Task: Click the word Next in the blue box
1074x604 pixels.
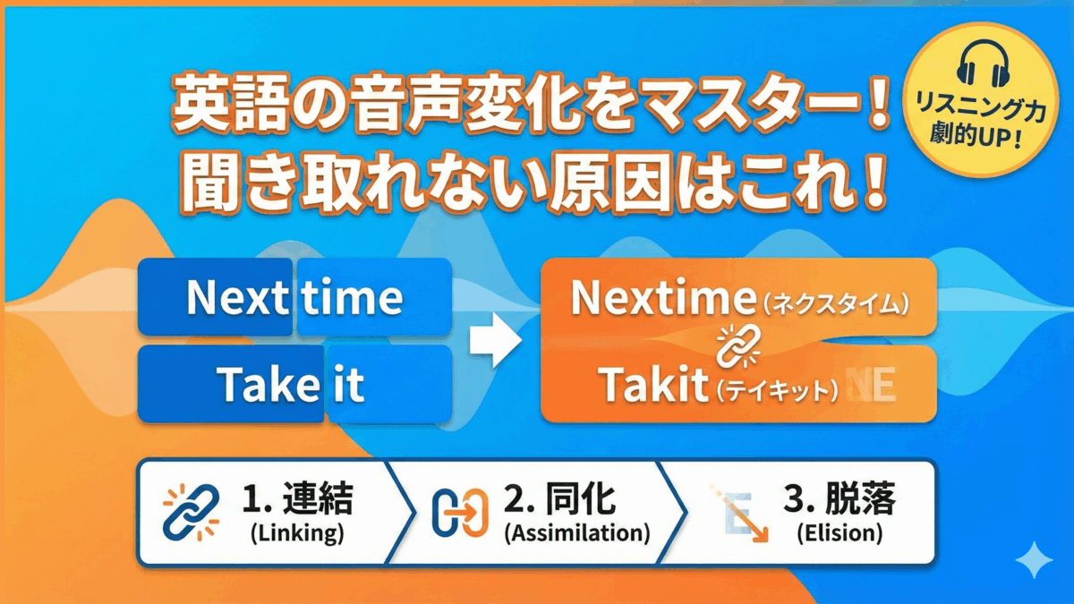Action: (x=235, y=297)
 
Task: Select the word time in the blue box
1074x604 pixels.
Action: (x=352, y=297)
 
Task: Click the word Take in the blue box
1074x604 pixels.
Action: (x=268, y=385)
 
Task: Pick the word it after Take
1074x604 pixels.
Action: (x=348, y=385)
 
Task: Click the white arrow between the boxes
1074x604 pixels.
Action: (x=495, y=340)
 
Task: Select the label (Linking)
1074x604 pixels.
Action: (x=297, y=534)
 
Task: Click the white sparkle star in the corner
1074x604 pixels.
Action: (x=1040, y=558)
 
